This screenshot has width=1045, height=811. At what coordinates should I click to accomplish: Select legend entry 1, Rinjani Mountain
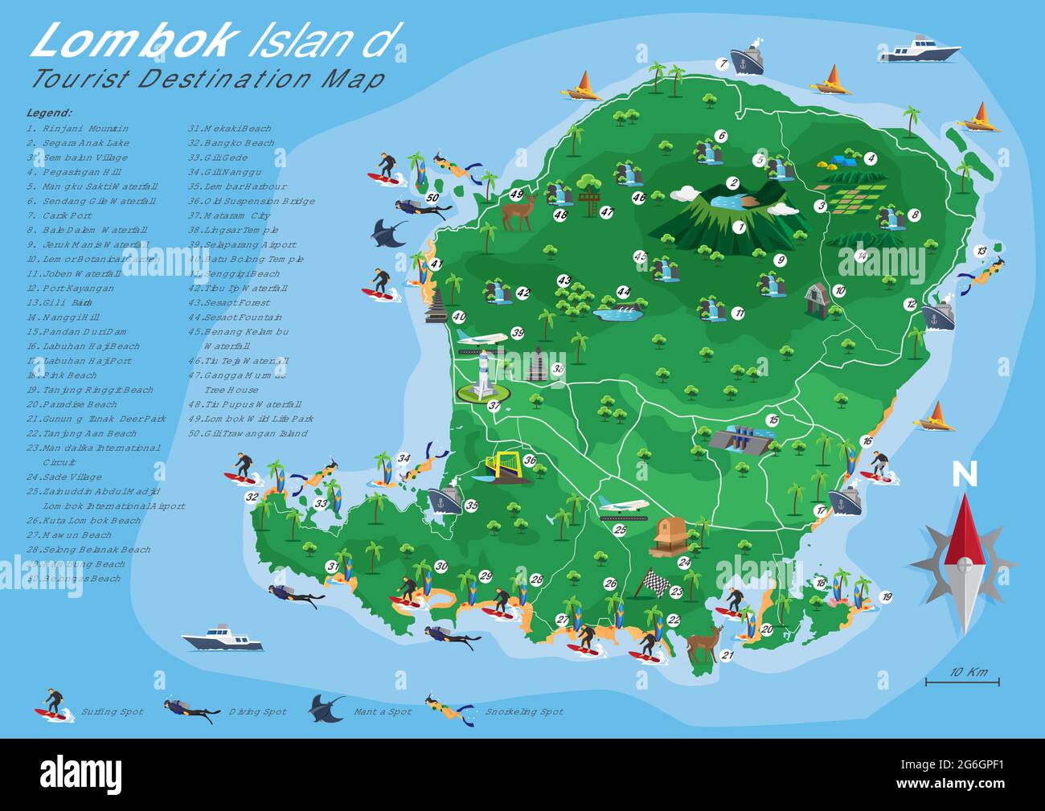77,129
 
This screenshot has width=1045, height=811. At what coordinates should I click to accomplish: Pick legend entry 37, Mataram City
229,215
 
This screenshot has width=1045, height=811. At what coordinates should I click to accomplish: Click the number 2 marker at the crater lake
732,183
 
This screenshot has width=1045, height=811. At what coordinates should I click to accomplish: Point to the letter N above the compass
965,475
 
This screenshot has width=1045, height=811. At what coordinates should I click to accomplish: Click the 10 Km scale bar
962,682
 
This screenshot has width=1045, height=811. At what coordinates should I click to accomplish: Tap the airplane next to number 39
481,337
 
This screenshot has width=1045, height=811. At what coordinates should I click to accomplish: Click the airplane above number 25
624,506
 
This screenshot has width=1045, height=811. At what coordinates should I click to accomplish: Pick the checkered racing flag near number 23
651,583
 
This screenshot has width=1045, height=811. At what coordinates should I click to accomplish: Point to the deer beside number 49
517,212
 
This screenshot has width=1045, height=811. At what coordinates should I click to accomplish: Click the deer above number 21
704,645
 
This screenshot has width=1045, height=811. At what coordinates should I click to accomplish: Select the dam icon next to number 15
738,439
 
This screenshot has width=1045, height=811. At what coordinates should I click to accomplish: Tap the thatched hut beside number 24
666,536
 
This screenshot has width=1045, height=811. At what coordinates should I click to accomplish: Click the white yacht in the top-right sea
920,50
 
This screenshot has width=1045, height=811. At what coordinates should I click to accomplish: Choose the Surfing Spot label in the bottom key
112,712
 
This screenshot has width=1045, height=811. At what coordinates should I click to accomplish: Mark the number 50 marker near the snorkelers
432,198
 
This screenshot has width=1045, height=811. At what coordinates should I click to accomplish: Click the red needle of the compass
964,530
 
